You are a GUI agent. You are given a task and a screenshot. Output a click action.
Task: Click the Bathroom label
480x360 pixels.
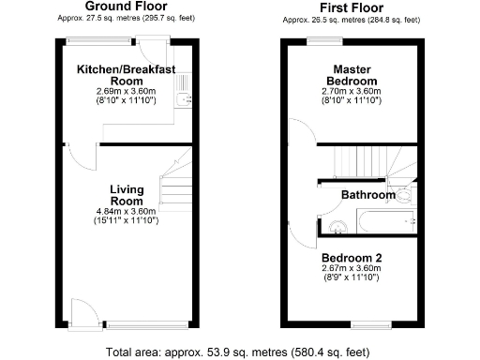coord(367,196)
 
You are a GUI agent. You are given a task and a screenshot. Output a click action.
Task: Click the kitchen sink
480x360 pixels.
coord(187,93)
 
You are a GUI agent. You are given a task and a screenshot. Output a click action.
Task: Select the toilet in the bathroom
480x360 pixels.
coord(403,195)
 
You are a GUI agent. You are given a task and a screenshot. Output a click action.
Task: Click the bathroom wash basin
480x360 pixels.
coord(337,225)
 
